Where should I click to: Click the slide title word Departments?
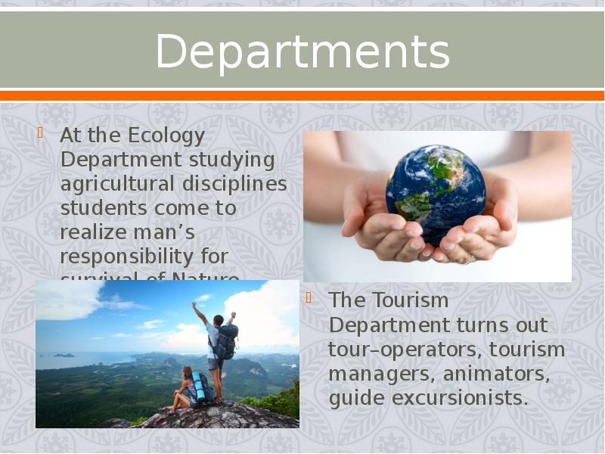pos(302,51)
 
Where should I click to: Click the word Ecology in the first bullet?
pos(166,136)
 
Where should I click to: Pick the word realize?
pos(93,232)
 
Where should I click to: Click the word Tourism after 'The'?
pos(410,300)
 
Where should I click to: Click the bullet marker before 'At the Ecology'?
pos(40,136)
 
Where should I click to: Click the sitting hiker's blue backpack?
pos(199,388)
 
